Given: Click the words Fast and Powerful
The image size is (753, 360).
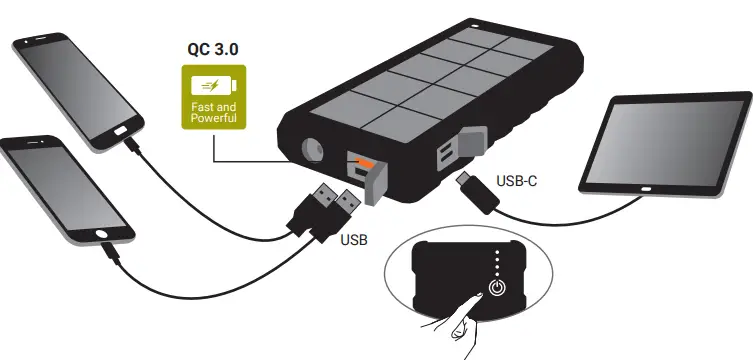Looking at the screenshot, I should click(213, 113).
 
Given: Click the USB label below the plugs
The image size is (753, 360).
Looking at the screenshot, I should click(355, 240).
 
